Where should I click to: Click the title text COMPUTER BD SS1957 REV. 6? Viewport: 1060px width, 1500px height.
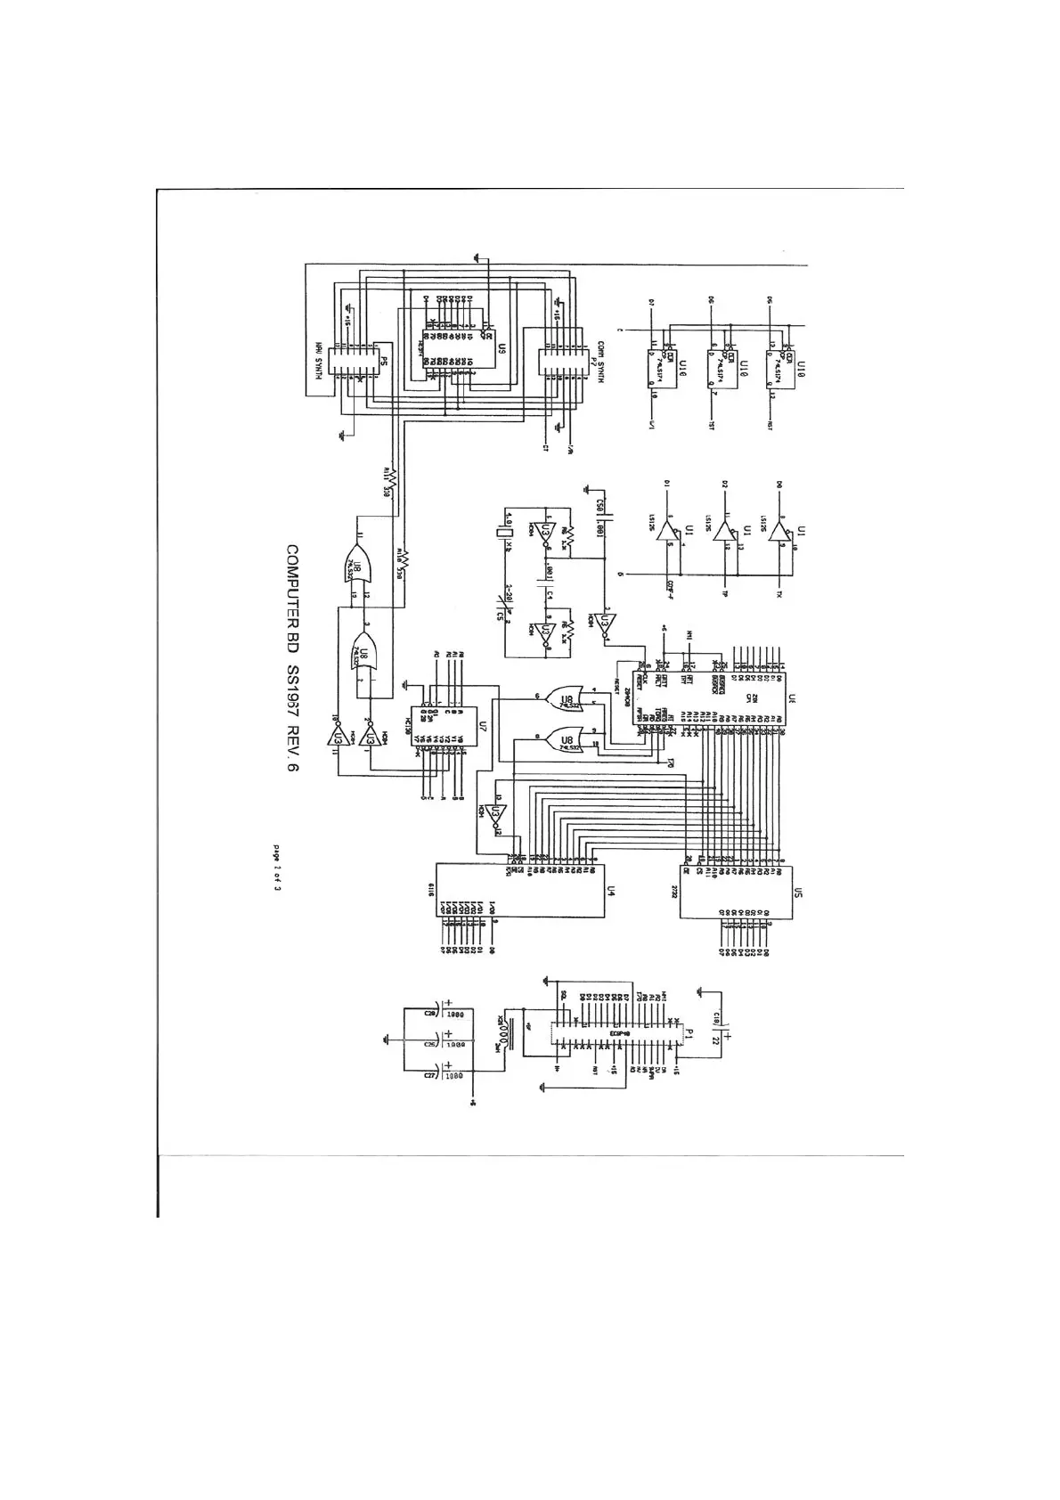click(x=292, y=664)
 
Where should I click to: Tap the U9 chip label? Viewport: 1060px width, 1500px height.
click(x=501, y=350)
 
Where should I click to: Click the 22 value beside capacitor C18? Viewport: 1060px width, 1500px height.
click(x=738, y=1039)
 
